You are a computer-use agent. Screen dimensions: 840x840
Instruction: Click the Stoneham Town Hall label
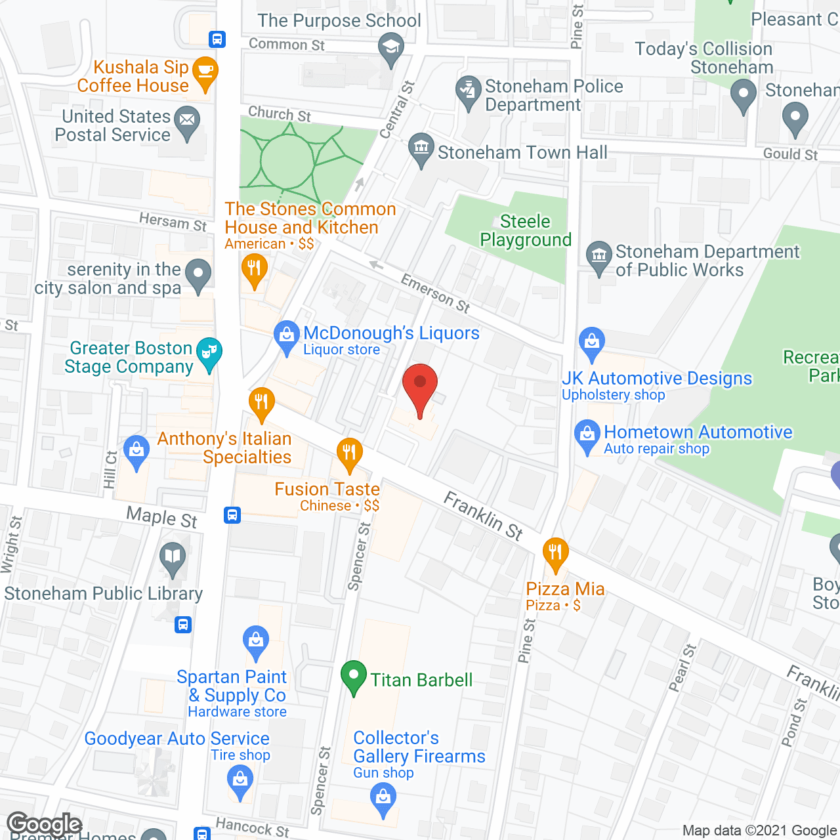click(x=522, y=152)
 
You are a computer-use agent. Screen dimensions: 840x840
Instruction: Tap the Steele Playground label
click(x=526, y=230)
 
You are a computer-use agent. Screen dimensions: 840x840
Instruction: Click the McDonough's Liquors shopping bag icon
click(x=286, y=336)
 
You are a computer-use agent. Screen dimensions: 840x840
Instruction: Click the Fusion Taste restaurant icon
click(x=350, y=453)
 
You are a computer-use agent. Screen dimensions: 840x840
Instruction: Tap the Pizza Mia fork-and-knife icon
click(x=556, y=553)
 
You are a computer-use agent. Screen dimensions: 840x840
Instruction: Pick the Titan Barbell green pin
click(x=354, y=676)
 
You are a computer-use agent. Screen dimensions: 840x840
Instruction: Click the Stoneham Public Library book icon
click(x=173, y=558)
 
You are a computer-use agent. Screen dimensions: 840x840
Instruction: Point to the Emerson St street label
click(x=436, y=293)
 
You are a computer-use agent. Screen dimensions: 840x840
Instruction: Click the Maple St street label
click(x=161, y=517)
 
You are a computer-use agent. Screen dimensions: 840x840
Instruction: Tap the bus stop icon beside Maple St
click(x=232, y=514)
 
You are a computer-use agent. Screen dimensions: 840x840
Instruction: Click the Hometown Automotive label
click(x=698, y=432)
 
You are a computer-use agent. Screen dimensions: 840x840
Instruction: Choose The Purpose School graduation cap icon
click(x=391, y=49)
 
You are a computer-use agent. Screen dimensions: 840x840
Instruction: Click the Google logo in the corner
click(x=45, y=824)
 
